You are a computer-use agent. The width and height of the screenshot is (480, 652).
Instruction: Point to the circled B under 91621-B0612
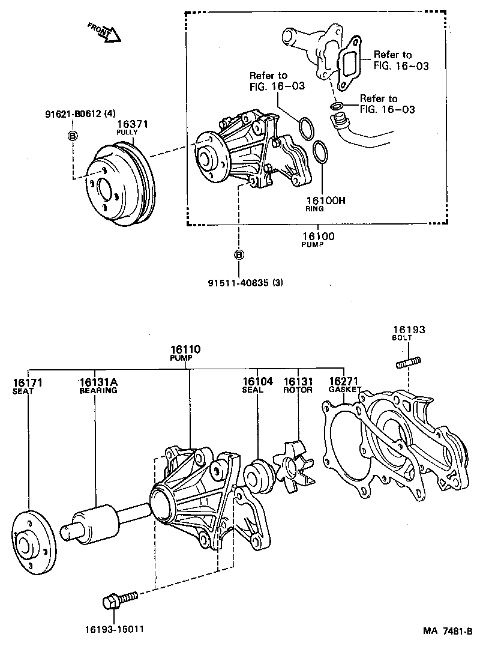pyautogui.click(x=72, y=136)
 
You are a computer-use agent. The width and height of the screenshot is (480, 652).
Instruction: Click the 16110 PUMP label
pyautogui.click(x=185, y=349)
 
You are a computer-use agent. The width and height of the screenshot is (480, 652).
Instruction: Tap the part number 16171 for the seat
pyautogui.click(x=28, y=382)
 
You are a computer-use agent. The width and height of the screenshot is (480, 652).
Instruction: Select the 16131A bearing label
pyautogui.click(x=98, y=382)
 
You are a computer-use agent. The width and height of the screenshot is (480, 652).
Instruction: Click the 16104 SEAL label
pyautogui.click(x=257, y=382)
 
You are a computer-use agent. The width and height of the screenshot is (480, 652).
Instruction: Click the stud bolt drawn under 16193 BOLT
pyautogui.click(x=408, y=362)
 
